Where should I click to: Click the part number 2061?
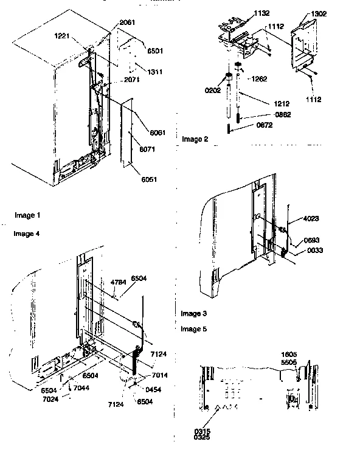[128, 22]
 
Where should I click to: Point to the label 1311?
[154, 72]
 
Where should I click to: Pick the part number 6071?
[147, 148]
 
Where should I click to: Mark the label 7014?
[160, 376]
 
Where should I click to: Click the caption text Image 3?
[194, 314]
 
